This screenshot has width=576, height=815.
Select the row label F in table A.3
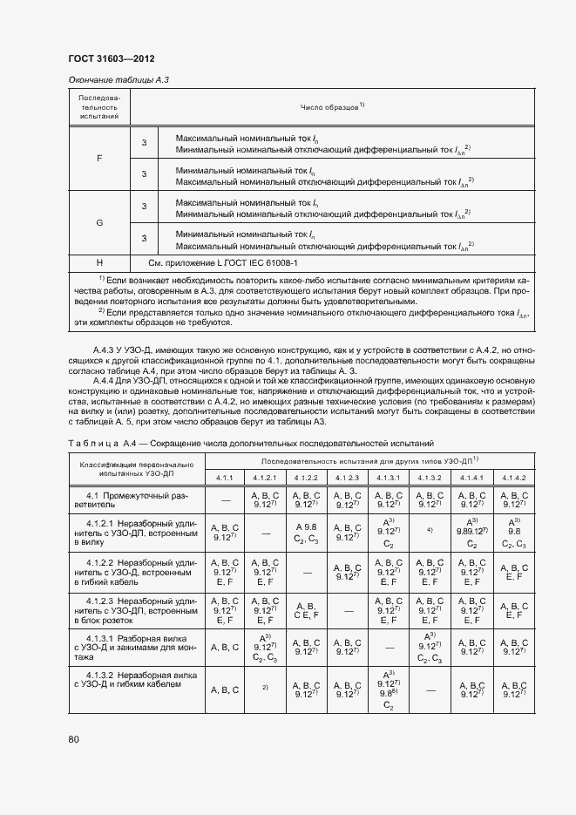tap(98, 159)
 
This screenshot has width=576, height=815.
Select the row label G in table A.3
tap(98, 222)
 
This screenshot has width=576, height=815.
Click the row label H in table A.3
tap(98, 262)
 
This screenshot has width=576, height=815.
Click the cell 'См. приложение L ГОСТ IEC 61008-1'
tap(223, 262)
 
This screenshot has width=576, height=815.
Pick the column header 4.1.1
tap(225, 478)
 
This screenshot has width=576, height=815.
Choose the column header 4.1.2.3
tap(347, 478)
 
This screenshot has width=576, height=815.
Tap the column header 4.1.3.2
tap(429, 478)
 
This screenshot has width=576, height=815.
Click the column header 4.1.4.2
tap(511, 478)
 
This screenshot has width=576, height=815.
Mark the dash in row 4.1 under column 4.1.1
tap(225, 500)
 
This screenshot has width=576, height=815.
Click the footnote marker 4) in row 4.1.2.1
tap(429, 530)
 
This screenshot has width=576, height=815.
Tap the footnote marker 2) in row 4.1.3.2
tap(265, 688)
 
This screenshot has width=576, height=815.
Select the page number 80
tap(73, 740)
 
